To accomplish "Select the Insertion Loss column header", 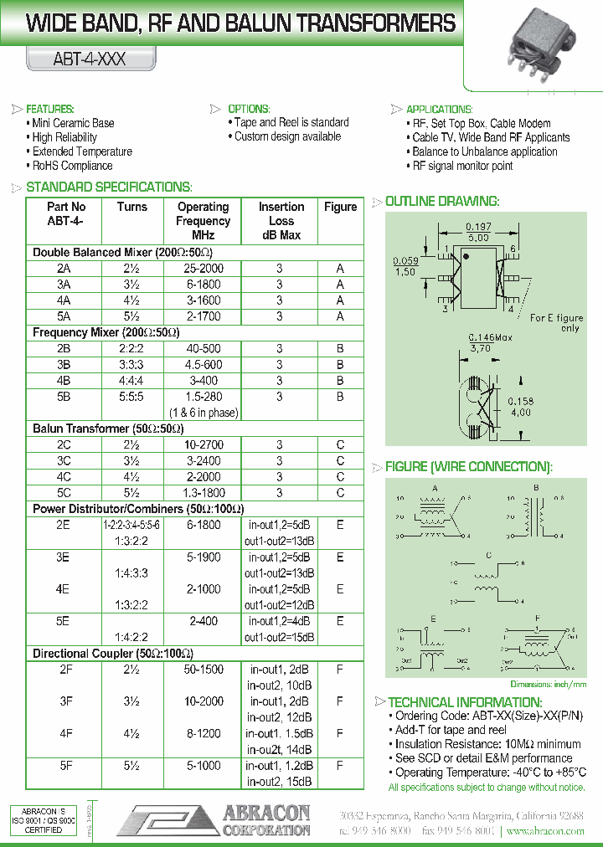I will click(x=281, y=221).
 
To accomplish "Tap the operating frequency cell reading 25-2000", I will click(x=204, y=269).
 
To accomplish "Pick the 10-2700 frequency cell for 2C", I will click(x=204, y=444).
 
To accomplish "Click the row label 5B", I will click(x=64, y=397).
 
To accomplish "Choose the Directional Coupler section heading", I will click(x=113, y=653).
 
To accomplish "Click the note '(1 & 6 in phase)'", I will click(x=204, y=412).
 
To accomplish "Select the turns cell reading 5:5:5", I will click(x=131, y=397).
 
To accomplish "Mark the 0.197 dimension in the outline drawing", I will click(x=478, y=227).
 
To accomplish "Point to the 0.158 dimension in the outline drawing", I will click(x=521, y=401).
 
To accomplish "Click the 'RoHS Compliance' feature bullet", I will click(x=72, y=166).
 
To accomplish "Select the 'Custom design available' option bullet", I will click(x=287, y=136).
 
